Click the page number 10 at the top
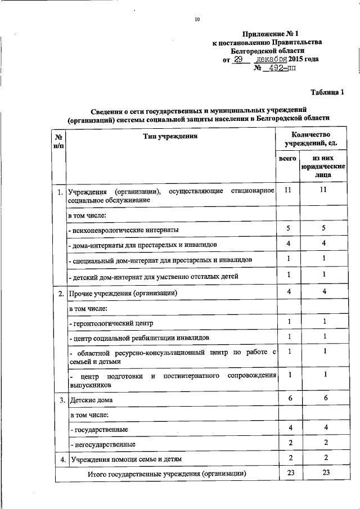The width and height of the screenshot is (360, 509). click(x=197, y=20)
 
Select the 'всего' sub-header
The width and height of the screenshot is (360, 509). click(x=288, y=159)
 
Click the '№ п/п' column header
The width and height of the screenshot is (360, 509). click(x=58, y=141)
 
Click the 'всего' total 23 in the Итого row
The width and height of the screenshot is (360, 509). click(x=290, y=473)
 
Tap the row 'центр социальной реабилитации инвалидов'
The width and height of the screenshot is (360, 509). click(x=139, y=337)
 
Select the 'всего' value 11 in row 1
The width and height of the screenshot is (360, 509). click(x=287, y=191)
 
